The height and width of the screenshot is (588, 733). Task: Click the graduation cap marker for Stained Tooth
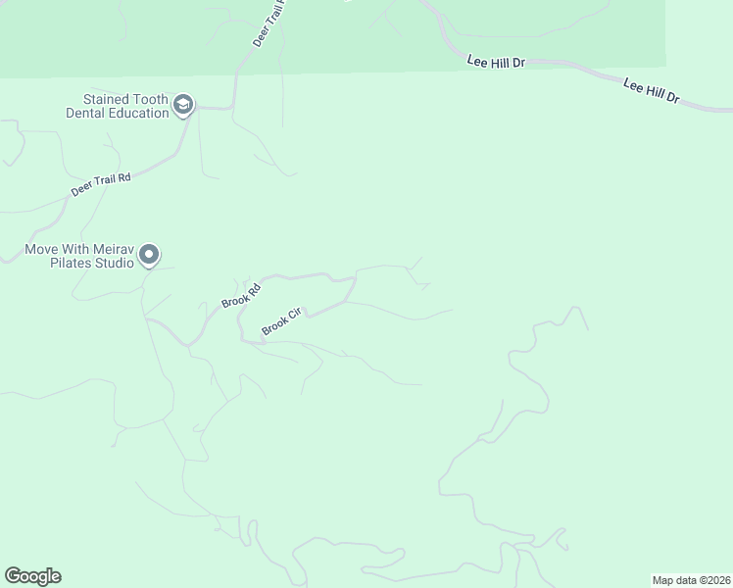[x=182, y=105]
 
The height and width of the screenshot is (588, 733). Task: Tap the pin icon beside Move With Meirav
[x=149, y=255]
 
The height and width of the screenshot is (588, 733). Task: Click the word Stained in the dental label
[x=108, y=99]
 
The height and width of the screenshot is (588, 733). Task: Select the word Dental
[x=85, y=113]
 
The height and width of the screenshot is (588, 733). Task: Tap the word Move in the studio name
[x=42, y=249]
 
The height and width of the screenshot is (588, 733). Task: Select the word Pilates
[x=60, y=263]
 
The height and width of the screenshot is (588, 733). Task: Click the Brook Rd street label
[x=240, y=295]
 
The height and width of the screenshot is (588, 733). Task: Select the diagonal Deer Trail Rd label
[x=100, y=184]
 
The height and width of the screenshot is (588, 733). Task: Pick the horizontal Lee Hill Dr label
[x=496, y=62]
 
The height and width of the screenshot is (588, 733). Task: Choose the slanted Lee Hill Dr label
[x=651, y=93]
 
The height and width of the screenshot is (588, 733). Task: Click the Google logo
[x=32, y=576]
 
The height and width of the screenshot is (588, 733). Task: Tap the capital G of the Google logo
[x=12, y=575]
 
